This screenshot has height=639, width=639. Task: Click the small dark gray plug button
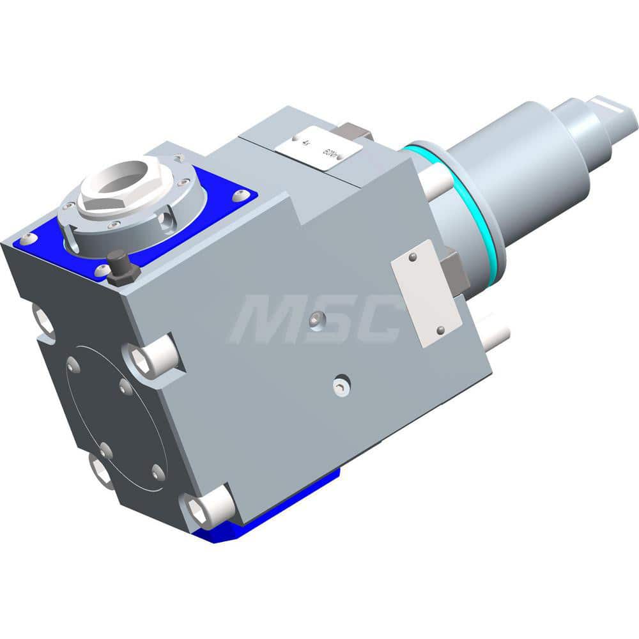pyautogui.click(x=122, y=268)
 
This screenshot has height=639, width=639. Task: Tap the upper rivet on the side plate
pyautogui.click(x=413, y=257)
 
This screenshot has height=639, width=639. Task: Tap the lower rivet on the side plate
pyautogui.click(x=440, y=330)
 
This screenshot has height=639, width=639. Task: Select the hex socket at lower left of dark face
pyautogui.click(x=102, y=473)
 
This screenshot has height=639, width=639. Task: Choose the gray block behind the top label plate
pyautogui.click(x=355, y=133)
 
